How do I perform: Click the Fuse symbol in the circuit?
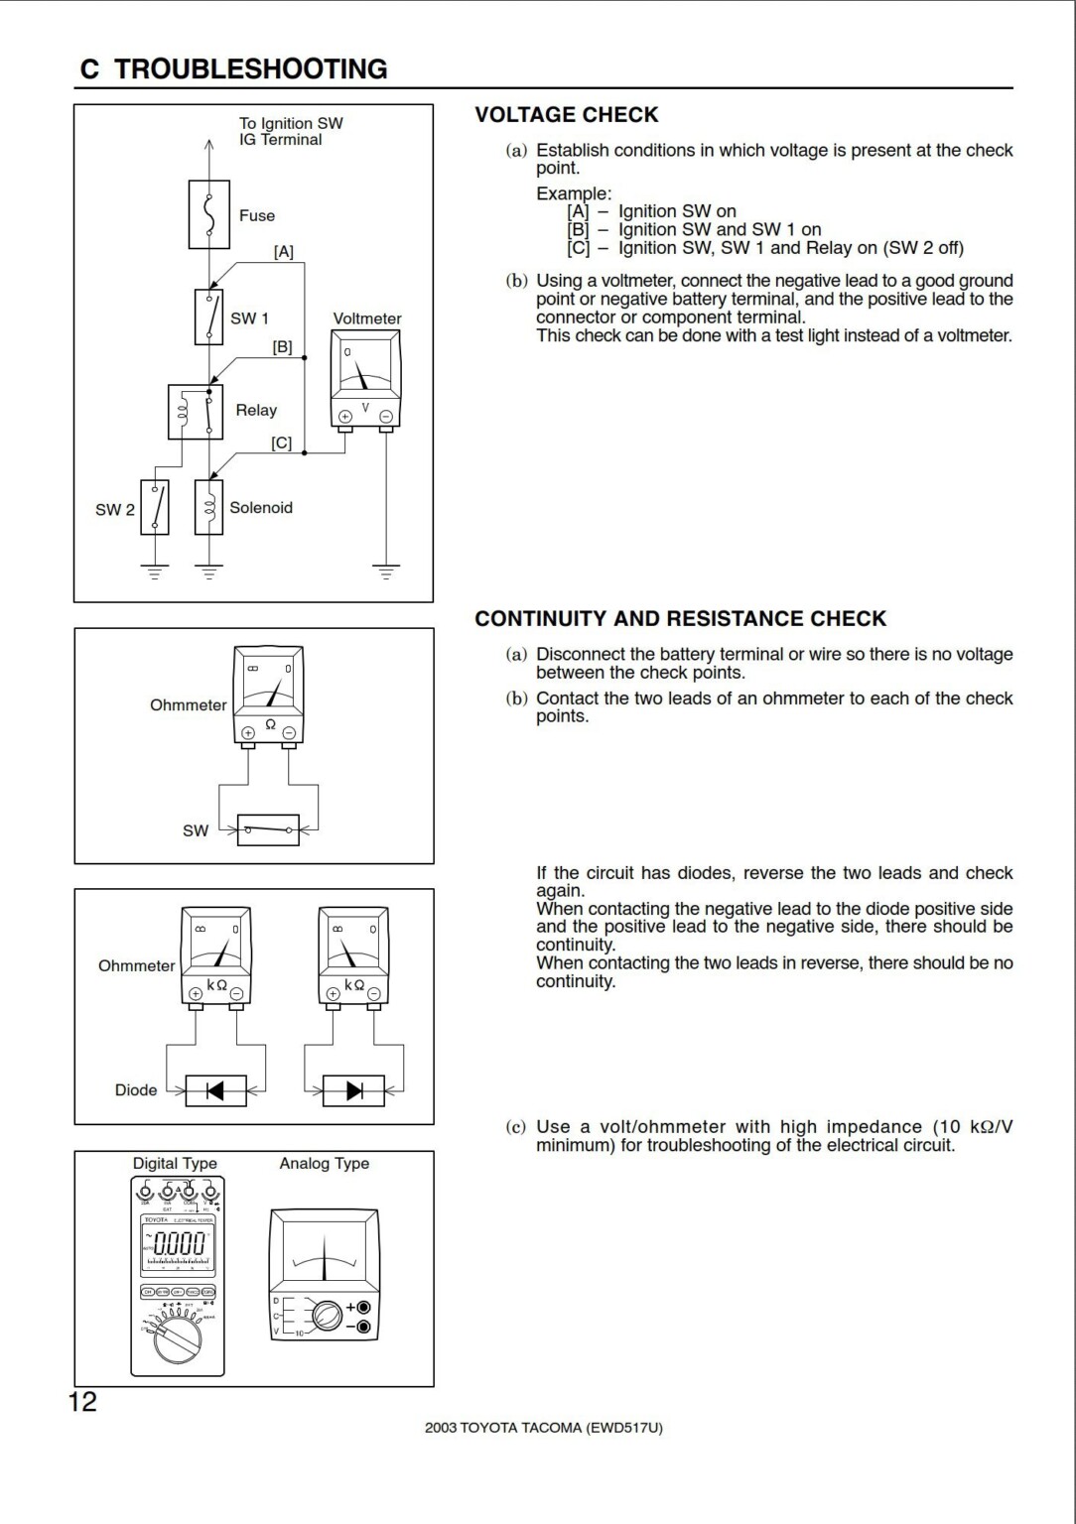(208, 214)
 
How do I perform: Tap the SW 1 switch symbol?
(208, 317)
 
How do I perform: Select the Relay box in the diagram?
(196, 412)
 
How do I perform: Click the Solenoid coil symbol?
(208, 508)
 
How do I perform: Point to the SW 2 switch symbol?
(155, 508)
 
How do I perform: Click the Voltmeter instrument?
(364, 380)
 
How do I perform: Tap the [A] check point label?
(284, 252)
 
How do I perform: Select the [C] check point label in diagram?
(282, 443)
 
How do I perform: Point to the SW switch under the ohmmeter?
(268, 828)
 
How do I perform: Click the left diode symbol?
(212, 1090)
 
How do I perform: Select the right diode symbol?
(353, 1090)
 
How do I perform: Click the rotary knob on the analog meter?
(326, 1316)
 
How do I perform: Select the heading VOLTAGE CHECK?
(566, 115)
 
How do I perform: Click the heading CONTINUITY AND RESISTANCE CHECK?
(680, 619)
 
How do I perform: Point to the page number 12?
(83, 1401)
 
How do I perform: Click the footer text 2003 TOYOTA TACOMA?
(543, 1428)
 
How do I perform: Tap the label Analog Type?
(324, 1163)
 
